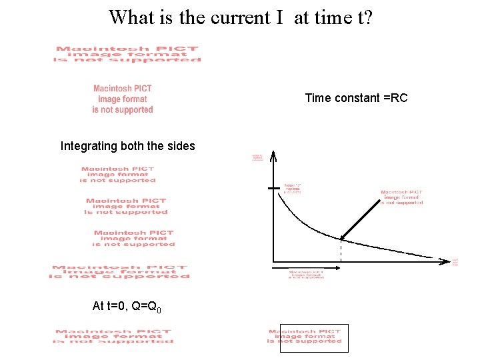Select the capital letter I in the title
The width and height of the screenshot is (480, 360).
pyautogui.click(x=279, y=17)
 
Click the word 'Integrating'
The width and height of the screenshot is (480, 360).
pyautogui.click(x=90, y=146)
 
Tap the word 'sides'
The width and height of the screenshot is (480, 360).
pyautogui.click(x=180, y=146)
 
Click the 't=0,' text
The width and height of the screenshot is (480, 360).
pyautogui.click(x=117, y=307)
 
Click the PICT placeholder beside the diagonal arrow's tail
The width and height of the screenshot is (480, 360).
pyautogui.click(x=401, y=197)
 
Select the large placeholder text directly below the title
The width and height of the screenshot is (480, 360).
pyautogui.click(x=127, y=54)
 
